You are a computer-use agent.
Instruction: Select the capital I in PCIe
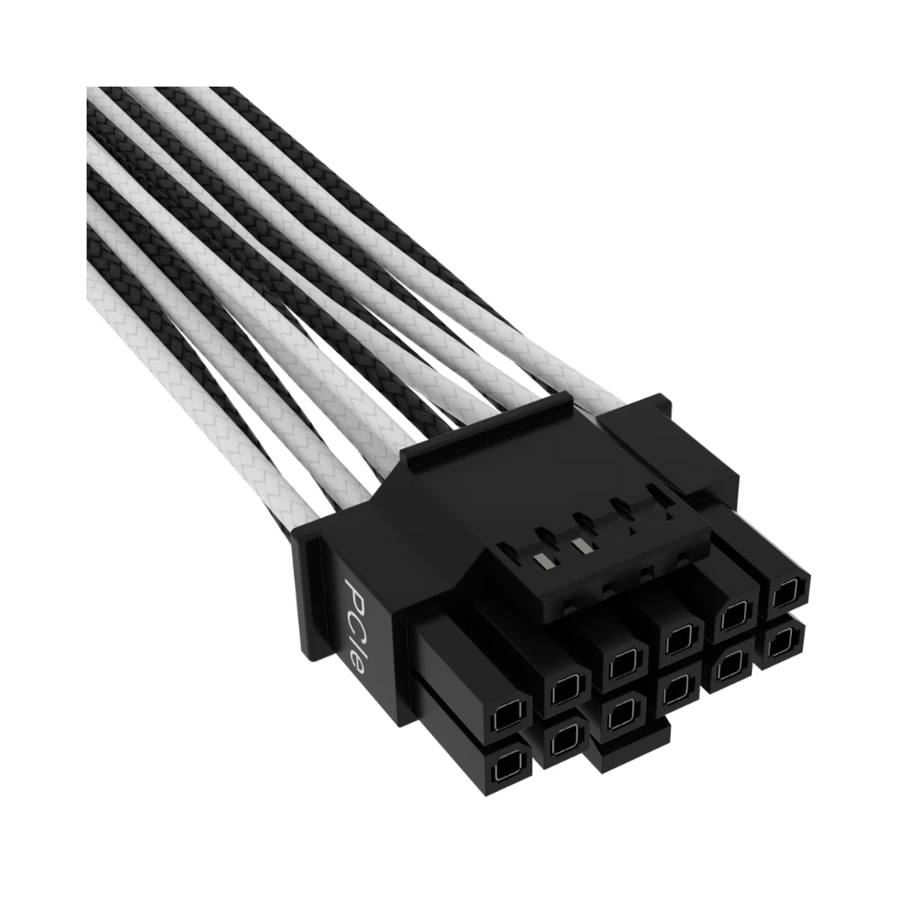(x=359, y=643)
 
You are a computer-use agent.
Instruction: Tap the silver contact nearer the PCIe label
(x=543, y=560)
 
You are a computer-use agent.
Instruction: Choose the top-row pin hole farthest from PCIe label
(x=786, y=593)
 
